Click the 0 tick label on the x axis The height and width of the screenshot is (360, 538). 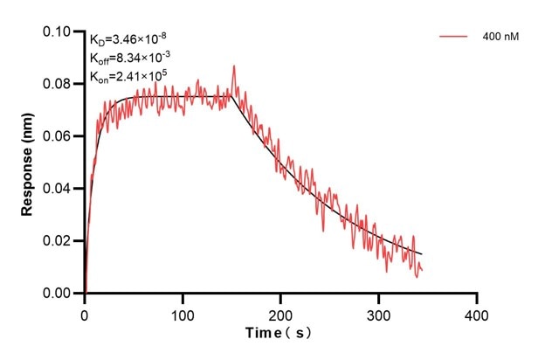point(85,311)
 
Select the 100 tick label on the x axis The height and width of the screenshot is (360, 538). point(183,311)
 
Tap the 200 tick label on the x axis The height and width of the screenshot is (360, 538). point(280,311)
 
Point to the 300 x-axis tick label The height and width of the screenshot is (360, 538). point(378,311)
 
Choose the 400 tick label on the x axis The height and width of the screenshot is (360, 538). point(476,311)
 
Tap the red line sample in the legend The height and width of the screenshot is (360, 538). point(455,38)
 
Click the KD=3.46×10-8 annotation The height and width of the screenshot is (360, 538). point(123,39)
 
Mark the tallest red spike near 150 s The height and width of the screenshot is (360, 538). point(233,66)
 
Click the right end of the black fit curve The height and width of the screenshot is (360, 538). point(421,254)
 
